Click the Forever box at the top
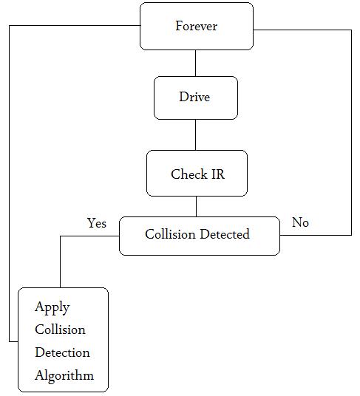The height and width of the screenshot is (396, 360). coord(196,26)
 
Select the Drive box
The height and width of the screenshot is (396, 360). coord(195,98)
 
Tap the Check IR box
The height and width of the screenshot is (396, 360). coord(197,174)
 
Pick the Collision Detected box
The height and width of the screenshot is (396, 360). coord(199,235)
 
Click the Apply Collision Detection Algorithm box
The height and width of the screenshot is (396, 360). coord(63,340)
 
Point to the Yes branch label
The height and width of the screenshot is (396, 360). coord(97,222)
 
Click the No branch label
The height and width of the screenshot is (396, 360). coord(300,222)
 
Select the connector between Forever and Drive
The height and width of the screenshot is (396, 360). coord(196,63)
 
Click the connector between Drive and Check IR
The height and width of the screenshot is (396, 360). coord(196,134)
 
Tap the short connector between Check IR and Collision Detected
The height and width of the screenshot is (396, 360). coord(196,206)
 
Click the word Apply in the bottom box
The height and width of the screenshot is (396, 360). coord(52,307)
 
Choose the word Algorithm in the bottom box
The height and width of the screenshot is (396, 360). coord(64,375)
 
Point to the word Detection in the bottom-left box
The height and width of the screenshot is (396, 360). coord(62,352)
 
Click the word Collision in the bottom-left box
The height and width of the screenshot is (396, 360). coord(60,330)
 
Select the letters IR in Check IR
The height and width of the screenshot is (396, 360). coord(217,174)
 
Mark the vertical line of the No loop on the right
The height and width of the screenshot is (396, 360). coord(351,133)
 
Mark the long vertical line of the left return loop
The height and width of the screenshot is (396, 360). coord(10,185)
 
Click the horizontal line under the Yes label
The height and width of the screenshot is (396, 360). coord(89,236)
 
